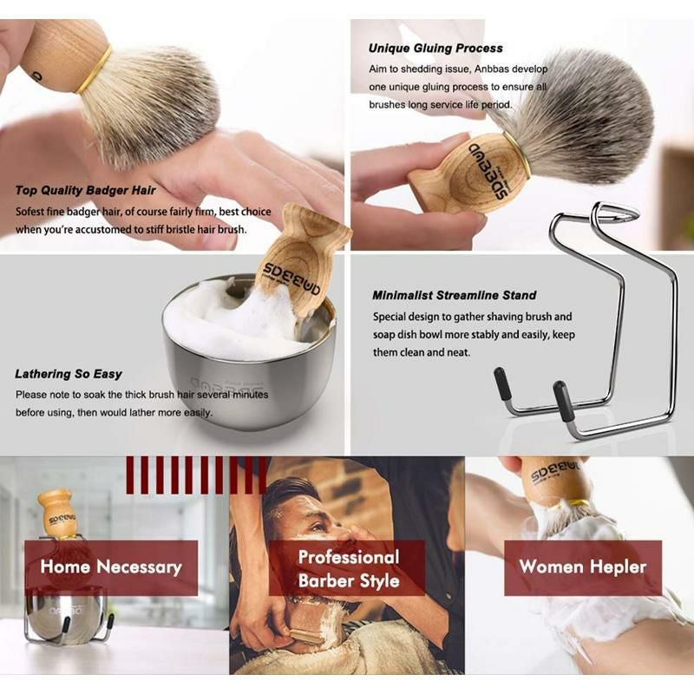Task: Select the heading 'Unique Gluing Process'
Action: [435, 49]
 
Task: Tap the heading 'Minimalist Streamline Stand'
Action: [454, 295]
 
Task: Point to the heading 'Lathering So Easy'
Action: [69, 374]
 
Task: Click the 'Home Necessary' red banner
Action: [111, 567]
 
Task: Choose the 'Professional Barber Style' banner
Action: [348, 568]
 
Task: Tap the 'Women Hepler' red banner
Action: [582, 567]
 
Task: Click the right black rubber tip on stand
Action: [563, 402]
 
